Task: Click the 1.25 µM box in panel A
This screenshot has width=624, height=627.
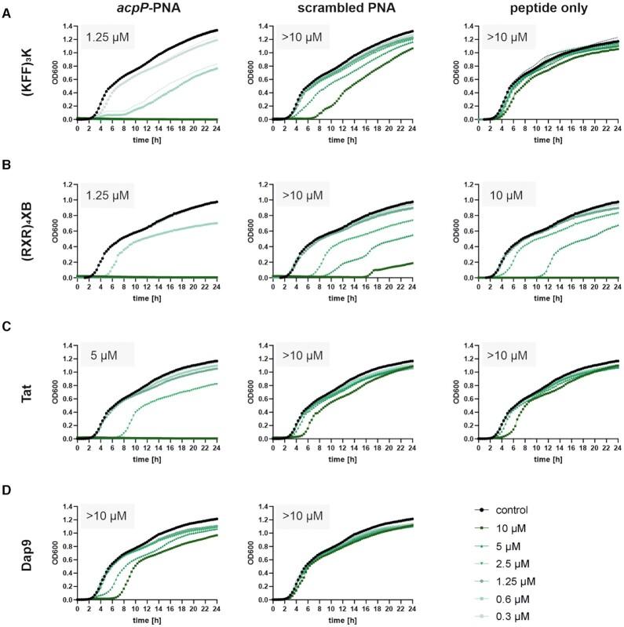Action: (106, 36)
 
